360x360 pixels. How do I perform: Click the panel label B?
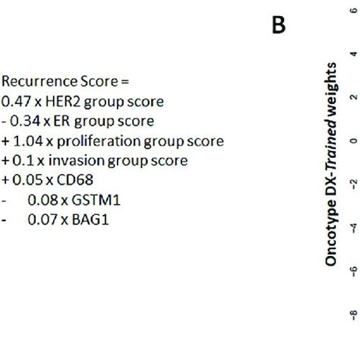pyautogui.click(x=278, y=25)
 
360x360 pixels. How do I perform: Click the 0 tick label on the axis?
pyautogui.click(x=352, y=141)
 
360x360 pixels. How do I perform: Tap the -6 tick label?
pyautogui.click(x=352, y=271)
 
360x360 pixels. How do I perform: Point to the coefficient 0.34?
pyautogui.click(x=22, y=121)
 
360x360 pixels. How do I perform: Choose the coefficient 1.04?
pyautogui.click(x=27, y=141)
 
